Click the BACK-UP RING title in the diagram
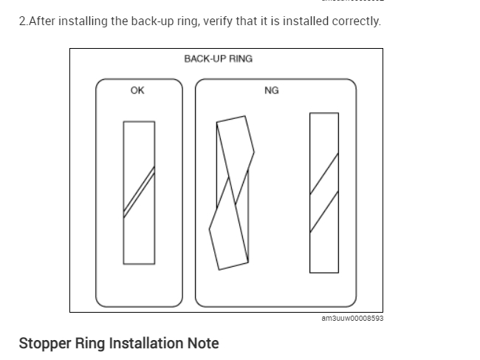[218, 58]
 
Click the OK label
[137, 90]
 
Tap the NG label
[271, 90]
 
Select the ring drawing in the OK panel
[139, 192]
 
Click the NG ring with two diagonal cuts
[324, 192]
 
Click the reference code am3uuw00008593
[352, 319]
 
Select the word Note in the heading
[203, 343]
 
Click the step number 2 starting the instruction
[22, 21]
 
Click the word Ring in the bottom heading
[93, 343]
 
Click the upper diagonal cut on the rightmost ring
[324, 171]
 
